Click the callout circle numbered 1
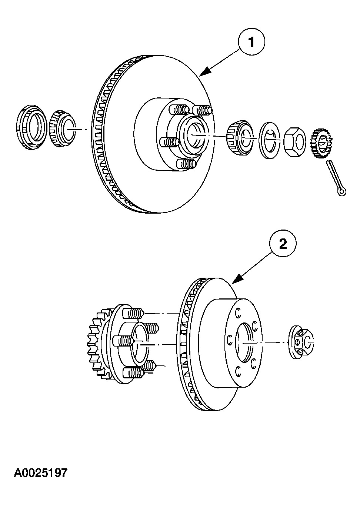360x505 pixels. click(x=252, y=43)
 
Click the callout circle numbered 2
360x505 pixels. click(x=283, y=244)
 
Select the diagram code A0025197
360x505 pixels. click(x=41, y=473)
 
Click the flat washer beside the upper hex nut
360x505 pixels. click(x=270, y=139)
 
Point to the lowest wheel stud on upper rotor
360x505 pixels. click(x=187, y=164)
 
